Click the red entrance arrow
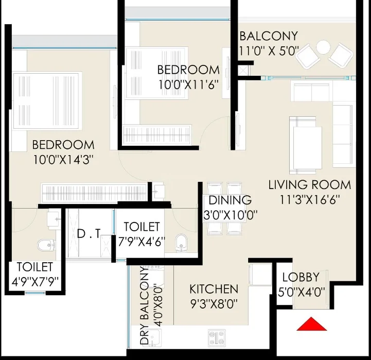[x=312, y=324]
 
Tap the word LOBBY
[x=301, y=278]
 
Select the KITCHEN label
[x=214, y=289]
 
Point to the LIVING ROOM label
[x=310, y=185]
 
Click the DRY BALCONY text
[x=145, y=305]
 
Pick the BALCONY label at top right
[x=269, y=36]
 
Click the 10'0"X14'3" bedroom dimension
[x=62, y=160]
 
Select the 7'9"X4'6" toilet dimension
[x=142, y=242]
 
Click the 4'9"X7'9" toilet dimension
[x=35, y=282]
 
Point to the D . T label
[x=89, y=234]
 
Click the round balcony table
[x=323, y=47]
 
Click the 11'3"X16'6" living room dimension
[x=310, y=200]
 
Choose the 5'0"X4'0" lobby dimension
[x=301, y=292]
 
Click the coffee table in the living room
[x=307, y=147]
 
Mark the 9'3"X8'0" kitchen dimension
[x=214, y=304]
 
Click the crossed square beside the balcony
[x=243, y=71]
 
